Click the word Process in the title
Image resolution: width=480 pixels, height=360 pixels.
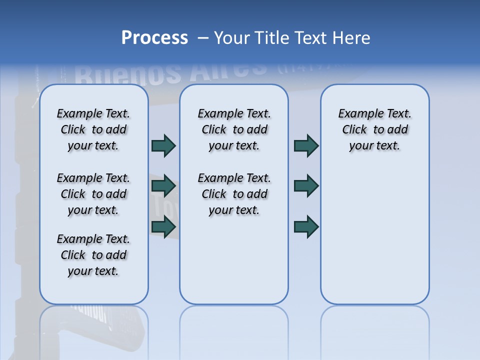[154, 38]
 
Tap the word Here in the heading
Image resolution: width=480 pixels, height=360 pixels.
[350, 38]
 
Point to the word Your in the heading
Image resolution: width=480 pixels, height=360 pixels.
[232, 38]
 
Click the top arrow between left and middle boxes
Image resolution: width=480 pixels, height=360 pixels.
[163, 145]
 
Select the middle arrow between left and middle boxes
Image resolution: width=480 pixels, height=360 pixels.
[163, 186]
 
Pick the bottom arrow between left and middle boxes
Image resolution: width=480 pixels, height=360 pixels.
[163, 227]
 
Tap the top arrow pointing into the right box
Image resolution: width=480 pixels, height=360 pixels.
[306, 145]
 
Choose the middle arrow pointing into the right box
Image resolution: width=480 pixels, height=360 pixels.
[306, 186]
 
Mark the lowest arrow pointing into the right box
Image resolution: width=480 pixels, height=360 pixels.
[306, 227]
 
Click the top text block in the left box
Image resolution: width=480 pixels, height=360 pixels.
[93, 129]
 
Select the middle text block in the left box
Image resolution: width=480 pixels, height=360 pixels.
[93, 194]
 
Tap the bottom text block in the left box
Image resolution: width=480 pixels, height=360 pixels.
[93, 255]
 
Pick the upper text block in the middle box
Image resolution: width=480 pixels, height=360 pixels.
[234, 129]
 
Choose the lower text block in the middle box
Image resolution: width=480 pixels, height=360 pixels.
[234, 194]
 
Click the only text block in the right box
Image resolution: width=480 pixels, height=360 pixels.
[375, 129]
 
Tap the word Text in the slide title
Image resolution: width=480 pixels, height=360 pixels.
[308, 38]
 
